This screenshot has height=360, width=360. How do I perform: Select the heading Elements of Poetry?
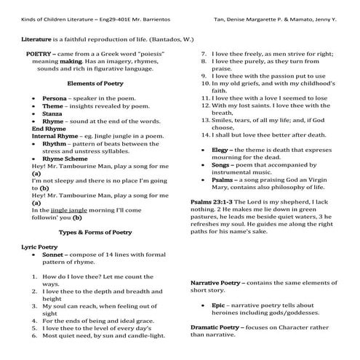click(95, 84)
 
